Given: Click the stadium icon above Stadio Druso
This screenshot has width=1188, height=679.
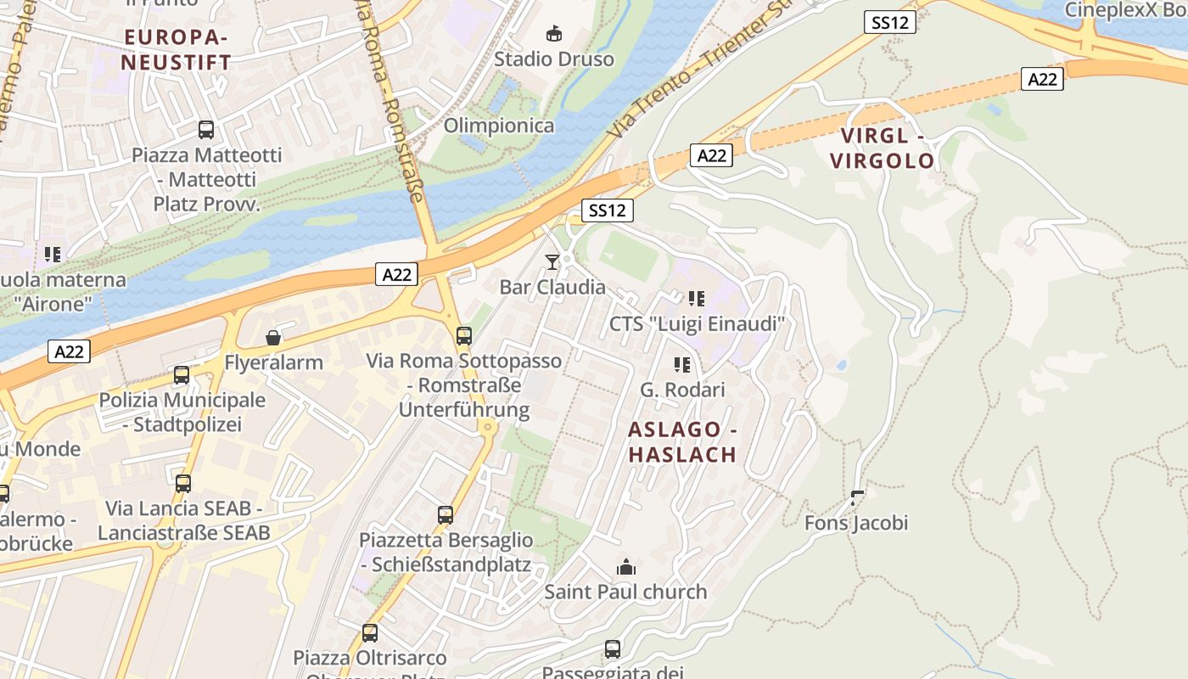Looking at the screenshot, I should point(553,34).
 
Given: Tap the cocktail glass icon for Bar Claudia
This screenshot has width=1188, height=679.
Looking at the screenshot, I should point(552,261).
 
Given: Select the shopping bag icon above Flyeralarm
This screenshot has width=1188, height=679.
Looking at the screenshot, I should point(273,338).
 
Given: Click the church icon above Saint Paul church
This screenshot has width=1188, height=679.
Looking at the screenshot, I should point(626,567).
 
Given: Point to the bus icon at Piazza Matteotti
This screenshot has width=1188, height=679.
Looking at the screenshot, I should point(206,130).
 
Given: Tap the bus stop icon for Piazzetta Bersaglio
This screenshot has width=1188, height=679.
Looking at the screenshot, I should point(445,514).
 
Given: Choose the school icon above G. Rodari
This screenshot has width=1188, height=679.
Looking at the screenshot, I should point(682,365).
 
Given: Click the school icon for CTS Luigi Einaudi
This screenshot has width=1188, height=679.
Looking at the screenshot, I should point(697,299).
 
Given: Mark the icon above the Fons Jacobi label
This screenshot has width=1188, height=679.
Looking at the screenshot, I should point(857,497).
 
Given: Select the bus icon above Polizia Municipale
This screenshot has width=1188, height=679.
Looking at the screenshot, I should point(182,375).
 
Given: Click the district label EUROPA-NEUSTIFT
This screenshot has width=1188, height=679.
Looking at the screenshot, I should point(176,50).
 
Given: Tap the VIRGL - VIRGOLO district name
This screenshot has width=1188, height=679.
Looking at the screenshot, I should point(882,149).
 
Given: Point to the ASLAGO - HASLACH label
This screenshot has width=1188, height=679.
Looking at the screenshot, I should point(682,442).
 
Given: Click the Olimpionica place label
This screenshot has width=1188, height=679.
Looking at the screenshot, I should point(499,126).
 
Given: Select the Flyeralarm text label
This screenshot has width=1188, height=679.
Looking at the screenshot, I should point(273,363).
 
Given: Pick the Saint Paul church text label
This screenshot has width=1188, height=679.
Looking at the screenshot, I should point(625,592).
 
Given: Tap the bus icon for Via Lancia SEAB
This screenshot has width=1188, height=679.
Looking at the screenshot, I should point(183,484).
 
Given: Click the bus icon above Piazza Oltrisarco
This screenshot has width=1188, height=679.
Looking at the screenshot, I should point(370,632).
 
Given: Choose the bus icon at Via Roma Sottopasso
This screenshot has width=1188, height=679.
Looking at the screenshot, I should point(463,335).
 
